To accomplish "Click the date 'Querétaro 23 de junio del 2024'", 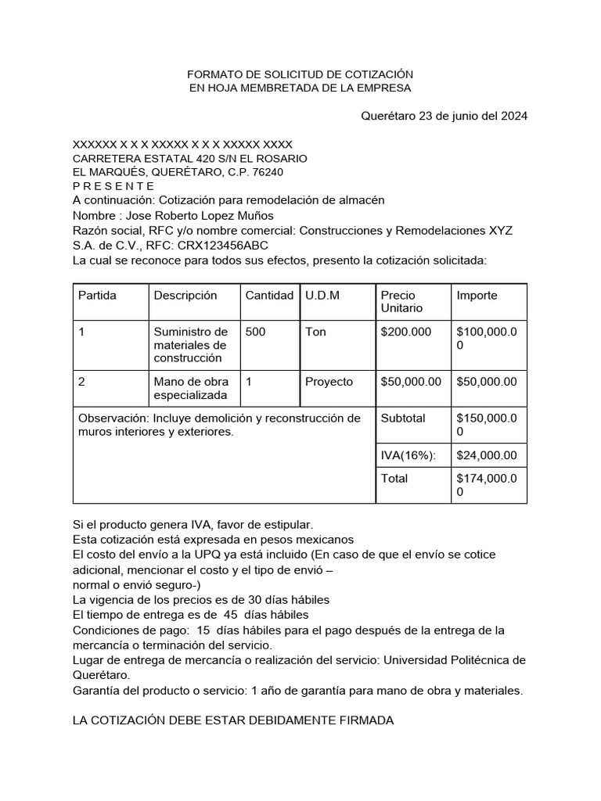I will coord(444,116).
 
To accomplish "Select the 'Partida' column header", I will coord(97,295).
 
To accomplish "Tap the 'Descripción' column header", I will coord(185,295).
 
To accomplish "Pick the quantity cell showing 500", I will coord(255,332).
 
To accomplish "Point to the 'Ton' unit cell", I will coord(315,332).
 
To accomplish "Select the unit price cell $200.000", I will coord(405,332).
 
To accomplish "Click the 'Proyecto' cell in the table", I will coord(329,382).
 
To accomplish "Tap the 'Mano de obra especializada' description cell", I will coord(191,389).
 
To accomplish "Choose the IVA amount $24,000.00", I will coord(486,455).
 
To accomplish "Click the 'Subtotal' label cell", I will coord(402,418).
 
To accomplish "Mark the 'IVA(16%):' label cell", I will coord(408,455).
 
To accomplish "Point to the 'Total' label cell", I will coord(394,478).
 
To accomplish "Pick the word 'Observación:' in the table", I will coord(113,418).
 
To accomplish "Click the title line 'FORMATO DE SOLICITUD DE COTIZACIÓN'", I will coord(300,74).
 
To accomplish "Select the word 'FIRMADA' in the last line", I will coord(363,720).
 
